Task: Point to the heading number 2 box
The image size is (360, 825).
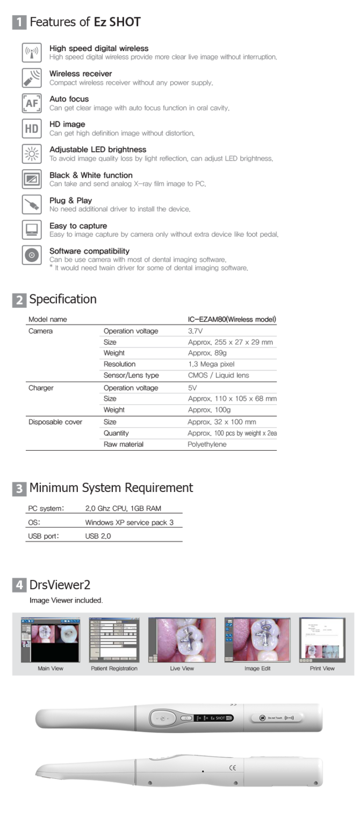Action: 18,300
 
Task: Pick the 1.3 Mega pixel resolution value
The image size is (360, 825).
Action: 211,364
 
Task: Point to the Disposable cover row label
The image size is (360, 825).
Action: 55,422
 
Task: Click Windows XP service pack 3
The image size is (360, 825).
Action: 129,523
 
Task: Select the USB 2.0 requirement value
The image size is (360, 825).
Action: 97,535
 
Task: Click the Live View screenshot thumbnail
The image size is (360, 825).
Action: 182,639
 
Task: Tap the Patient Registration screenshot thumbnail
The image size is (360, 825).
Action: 114,639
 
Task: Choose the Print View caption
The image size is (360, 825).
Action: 322,669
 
